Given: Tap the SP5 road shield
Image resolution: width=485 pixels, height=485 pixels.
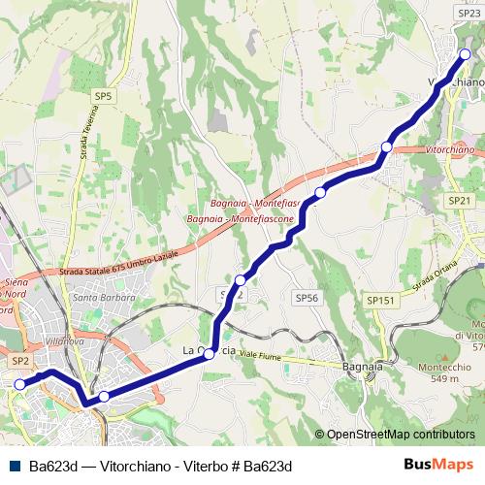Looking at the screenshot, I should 104,96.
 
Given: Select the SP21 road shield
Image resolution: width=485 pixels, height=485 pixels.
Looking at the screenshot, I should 460,200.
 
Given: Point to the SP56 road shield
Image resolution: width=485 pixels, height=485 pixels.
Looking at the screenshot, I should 307,298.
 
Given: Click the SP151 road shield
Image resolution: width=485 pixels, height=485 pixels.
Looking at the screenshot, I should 381,301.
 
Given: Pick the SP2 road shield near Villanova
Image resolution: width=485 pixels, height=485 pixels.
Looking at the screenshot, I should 21,360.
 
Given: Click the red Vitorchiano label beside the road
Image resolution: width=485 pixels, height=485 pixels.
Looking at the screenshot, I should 450,151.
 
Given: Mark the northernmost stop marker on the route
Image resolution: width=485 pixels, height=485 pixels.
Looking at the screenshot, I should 465,55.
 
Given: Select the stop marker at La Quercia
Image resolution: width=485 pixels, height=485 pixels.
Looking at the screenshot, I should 209,355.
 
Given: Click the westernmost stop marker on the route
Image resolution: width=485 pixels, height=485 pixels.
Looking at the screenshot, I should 19,384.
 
